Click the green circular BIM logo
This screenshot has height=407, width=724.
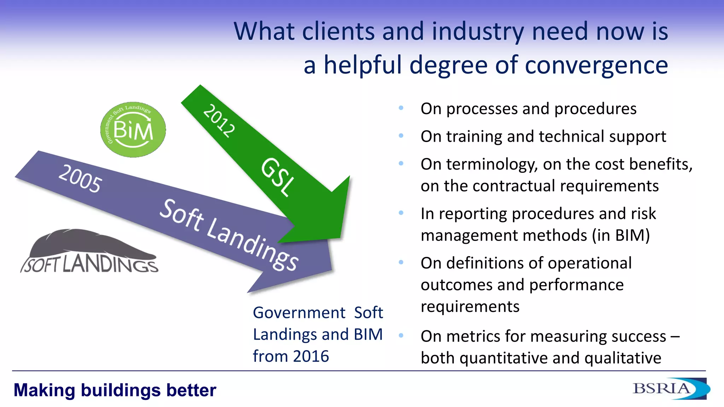point(133,130)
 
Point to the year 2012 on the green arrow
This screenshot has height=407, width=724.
point(219,121)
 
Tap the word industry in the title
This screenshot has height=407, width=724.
point(478,32)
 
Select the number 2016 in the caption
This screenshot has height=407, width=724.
point(311,356)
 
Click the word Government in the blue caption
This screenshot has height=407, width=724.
point(299,313)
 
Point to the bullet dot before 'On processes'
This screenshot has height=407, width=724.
point(401,108)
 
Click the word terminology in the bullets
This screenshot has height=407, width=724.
point(492,165)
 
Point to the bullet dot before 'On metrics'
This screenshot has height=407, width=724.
point(401,335)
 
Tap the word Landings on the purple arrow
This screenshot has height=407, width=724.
point(252,245)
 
